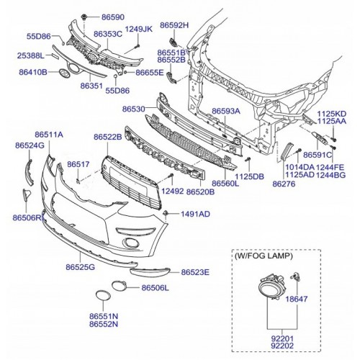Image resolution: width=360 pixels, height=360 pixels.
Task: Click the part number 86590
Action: [113, 17]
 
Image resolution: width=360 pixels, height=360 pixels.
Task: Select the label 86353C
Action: [108, 34]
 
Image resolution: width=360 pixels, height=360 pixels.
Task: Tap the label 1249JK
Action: [139, 29]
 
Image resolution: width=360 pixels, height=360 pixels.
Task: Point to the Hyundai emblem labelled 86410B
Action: [64, 73]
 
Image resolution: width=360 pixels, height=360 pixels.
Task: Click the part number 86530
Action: [134, 109]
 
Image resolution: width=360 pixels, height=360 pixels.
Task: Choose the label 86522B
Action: [108, 137]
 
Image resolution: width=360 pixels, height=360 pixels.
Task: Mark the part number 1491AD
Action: [195, 214]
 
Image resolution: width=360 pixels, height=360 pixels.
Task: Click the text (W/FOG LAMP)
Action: [264, 256]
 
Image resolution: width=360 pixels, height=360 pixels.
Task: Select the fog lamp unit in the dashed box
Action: [271, 287]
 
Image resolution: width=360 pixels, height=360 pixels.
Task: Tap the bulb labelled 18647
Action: [296, 276]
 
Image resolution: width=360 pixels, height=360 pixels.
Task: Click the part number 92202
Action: [282, 346]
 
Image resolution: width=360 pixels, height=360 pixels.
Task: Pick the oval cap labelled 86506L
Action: [118, 286]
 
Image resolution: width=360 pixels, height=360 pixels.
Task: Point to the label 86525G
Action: [81, 267]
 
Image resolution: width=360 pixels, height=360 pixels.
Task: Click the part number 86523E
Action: [195, 272]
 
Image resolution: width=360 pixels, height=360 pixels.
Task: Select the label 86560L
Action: [225, 184]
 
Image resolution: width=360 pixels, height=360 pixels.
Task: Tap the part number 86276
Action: [284, 184]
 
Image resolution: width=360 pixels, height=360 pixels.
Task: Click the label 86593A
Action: [226, 111]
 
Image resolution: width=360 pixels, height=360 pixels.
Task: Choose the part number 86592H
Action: [174, 25]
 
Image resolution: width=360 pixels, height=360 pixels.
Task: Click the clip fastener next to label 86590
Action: [84, 17]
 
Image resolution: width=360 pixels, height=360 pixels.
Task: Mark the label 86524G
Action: [30, 145]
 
